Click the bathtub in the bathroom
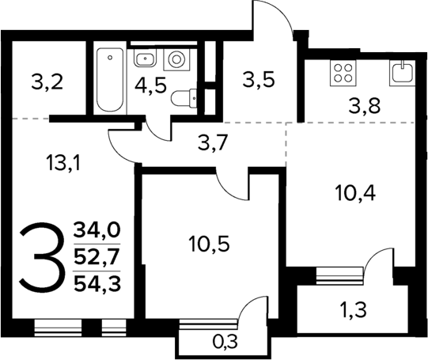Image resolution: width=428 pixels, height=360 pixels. (110, 80)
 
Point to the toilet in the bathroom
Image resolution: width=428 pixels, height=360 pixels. (184, 98)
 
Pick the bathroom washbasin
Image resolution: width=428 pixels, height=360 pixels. (145, 58)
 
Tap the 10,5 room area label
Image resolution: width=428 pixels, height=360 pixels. (210, 244)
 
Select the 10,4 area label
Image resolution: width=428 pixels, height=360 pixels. (356, 193)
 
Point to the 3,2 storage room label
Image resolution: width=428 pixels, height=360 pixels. (47, 81)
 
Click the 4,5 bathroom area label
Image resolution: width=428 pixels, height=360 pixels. (150, 85)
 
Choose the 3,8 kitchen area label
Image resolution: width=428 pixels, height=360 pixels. (364, 105)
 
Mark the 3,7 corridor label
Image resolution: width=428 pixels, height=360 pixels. (212, 143)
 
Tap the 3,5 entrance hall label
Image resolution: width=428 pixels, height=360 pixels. (258, 80)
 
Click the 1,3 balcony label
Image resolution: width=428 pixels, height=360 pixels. (353, 310)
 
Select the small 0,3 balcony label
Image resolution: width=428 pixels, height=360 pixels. (225, 341)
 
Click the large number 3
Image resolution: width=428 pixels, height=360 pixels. (41, 257)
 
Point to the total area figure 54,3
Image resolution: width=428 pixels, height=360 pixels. (97, 284)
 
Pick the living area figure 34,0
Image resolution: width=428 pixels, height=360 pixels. (97, 229)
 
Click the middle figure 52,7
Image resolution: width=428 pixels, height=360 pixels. (97, 256)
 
